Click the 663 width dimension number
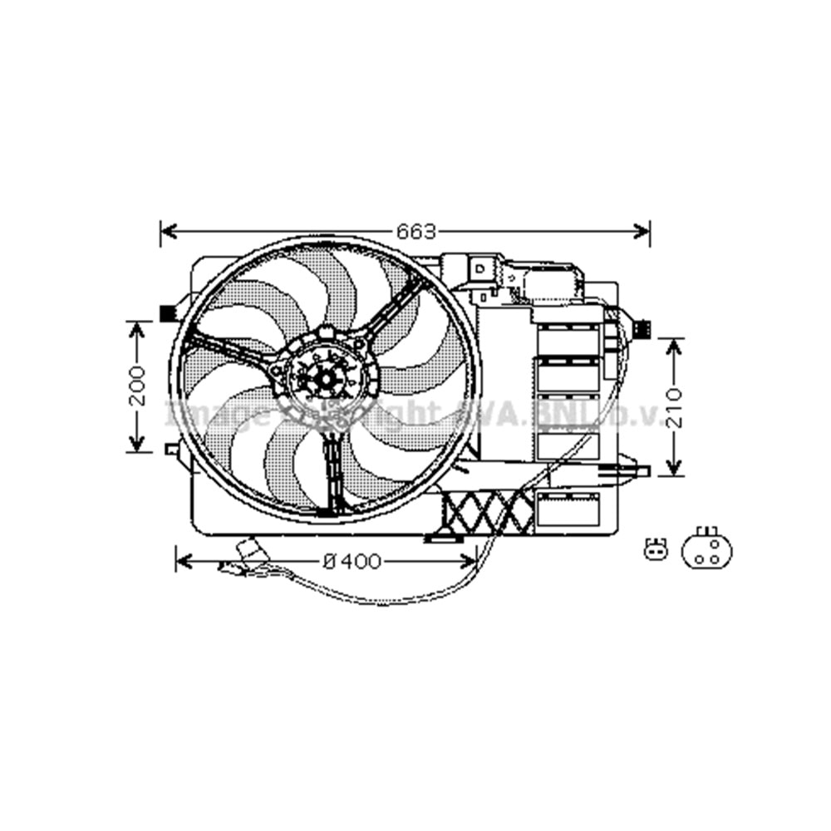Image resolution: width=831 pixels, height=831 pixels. tap(415, 231)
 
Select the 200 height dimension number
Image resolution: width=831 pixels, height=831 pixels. tap(138, 386)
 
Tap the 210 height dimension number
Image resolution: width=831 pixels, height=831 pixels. tap(674, 406)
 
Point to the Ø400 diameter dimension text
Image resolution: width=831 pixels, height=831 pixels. tap(352, 563)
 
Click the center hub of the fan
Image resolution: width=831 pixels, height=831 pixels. tap(327, 379)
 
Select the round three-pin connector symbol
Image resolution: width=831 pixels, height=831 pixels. tap(706, 550)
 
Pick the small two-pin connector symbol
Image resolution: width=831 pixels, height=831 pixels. tap(656, 549)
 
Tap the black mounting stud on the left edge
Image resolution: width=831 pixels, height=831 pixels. tap(166, 313)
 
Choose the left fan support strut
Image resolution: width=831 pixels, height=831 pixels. tap(229, 349)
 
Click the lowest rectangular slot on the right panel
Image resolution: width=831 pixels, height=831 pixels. tap(568, 509)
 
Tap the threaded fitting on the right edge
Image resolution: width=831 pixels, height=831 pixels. tap(642, 329)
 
